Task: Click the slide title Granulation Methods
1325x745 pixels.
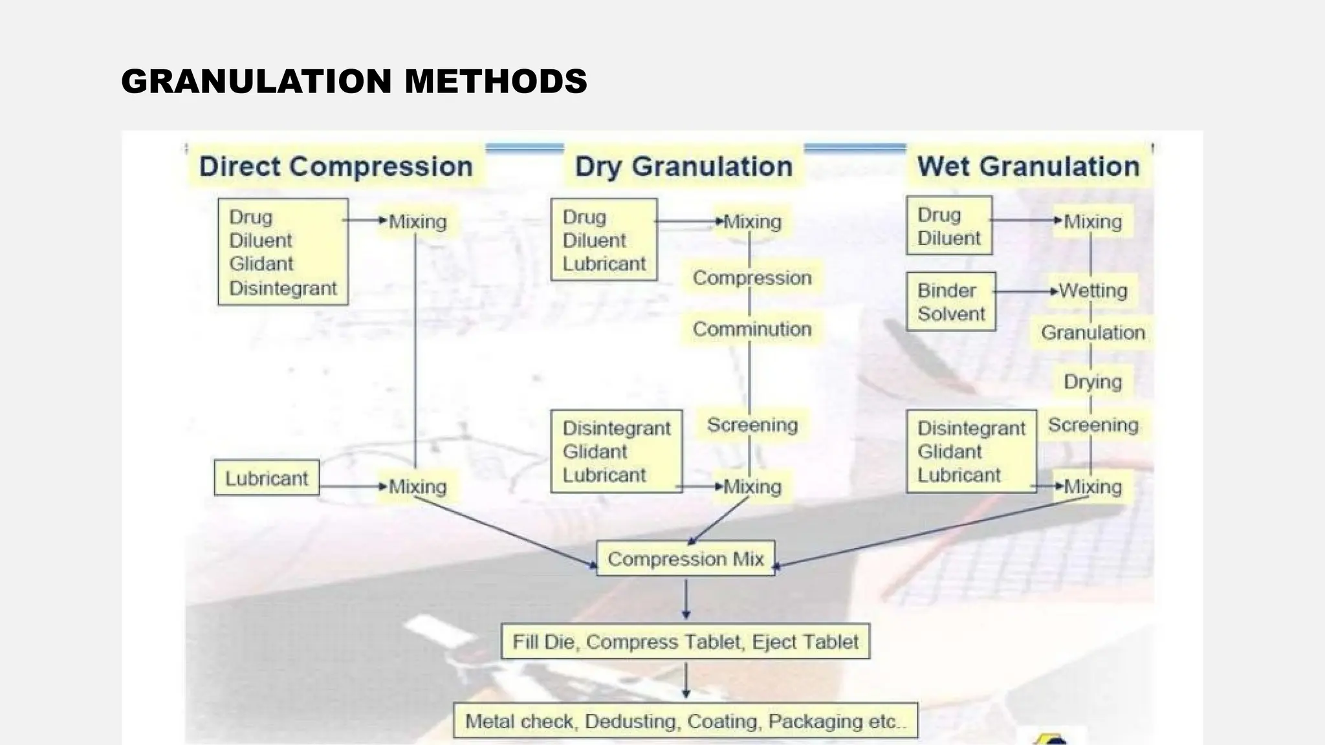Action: click(354, 81)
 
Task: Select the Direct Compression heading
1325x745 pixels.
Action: click(336, 167)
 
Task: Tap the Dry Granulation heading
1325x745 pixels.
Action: click(684, 167)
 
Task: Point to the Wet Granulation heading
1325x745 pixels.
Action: click(1028, 167)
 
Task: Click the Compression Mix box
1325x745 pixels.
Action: click(685, 559)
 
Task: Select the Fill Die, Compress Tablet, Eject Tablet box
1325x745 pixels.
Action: click(685, 642)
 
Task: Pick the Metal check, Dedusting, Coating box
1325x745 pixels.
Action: click(685, 720)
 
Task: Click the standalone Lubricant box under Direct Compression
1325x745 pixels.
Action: click(267, 479)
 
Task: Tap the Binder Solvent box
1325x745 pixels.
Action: click(950, 302)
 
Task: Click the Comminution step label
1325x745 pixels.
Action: click(752, 329)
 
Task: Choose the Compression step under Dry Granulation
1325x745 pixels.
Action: click(752, 278)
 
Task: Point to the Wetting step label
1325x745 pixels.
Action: click(1093, 291)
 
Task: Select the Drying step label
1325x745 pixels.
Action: click(1093, 382)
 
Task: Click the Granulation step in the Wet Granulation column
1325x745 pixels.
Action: click(1093, 333)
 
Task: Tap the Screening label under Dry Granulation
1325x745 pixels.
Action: click(752, 425)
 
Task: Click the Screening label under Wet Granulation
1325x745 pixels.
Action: click(1093, 425)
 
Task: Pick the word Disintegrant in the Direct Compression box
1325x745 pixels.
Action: click(283, 288)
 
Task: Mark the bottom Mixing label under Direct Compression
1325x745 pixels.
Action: click(417, 487)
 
